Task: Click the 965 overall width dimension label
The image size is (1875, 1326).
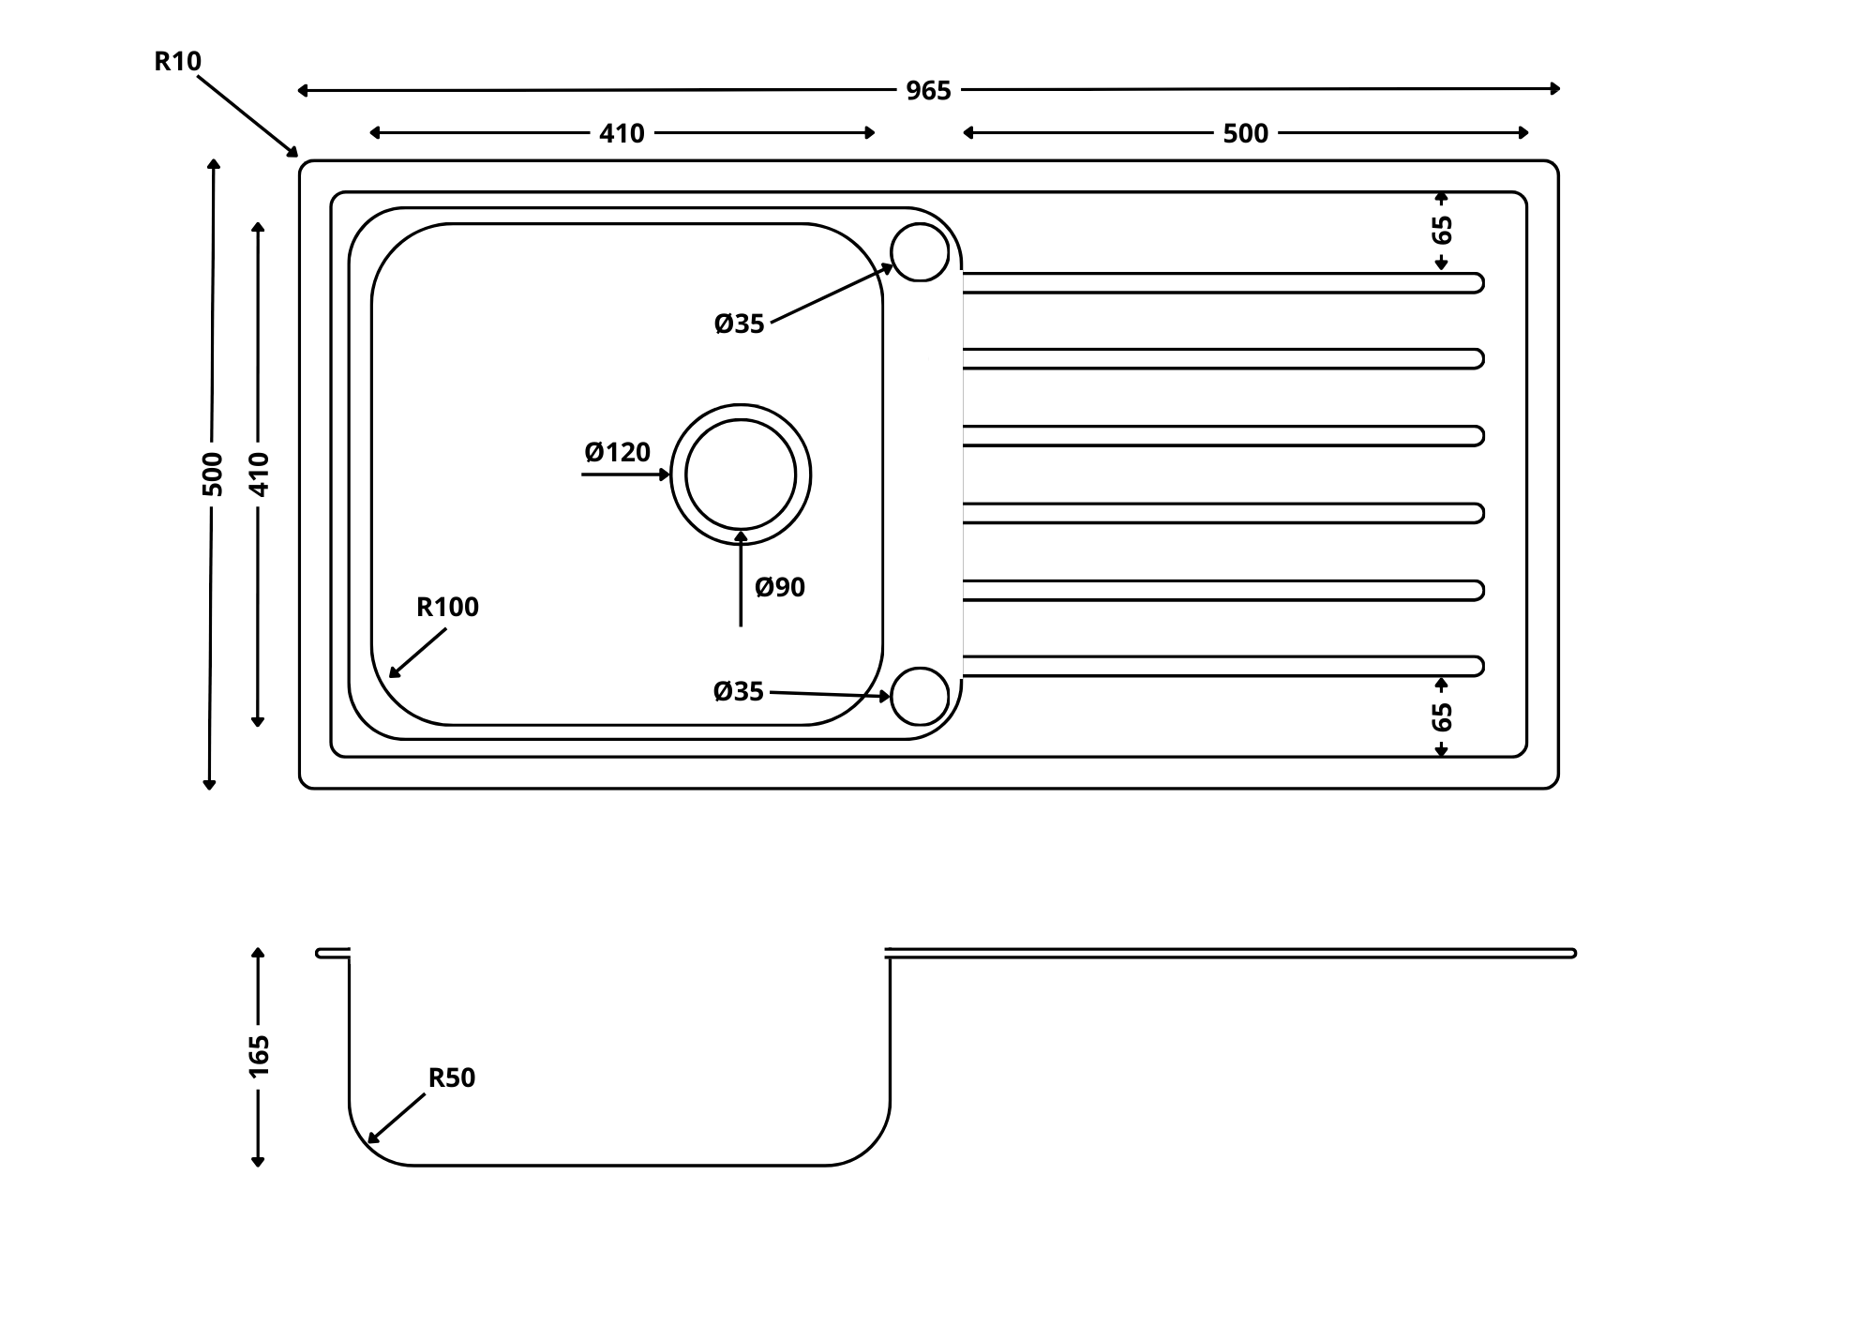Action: coord(928,91)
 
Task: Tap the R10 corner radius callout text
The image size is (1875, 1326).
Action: coord(177,62)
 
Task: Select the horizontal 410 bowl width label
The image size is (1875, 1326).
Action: coord(622,134)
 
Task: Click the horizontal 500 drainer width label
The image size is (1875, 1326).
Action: coord(1245,134)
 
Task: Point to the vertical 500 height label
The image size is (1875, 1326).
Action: coord(213,474)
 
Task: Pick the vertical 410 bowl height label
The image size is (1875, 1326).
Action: coord(259,474)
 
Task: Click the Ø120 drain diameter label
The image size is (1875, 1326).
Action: coord(617,453)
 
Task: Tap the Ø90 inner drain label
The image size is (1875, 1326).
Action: coord(780,588)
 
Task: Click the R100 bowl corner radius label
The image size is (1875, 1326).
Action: coord(447,608)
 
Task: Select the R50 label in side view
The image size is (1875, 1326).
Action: coord(452,1078)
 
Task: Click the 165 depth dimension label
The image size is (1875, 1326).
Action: coord(259,1056)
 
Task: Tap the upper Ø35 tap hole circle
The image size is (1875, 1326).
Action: coord(920,252)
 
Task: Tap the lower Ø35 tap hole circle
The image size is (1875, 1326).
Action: coord(920,697)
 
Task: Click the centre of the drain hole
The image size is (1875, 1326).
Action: coord(741,475)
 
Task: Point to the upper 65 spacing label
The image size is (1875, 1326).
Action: coord(1442,230)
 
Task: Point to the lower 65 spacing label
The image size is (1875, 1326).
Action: coord(1442,717)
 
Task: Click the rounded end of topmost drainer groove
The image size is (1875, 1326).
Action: coord(1477,283)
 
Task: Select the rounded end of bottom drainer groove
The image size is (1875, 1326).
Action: coord(1477,667)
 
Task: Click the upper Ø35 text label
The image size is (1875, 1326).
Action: coord(739,324)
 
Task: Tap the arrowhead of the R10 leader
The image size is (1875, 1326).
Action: coord(293,153)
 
